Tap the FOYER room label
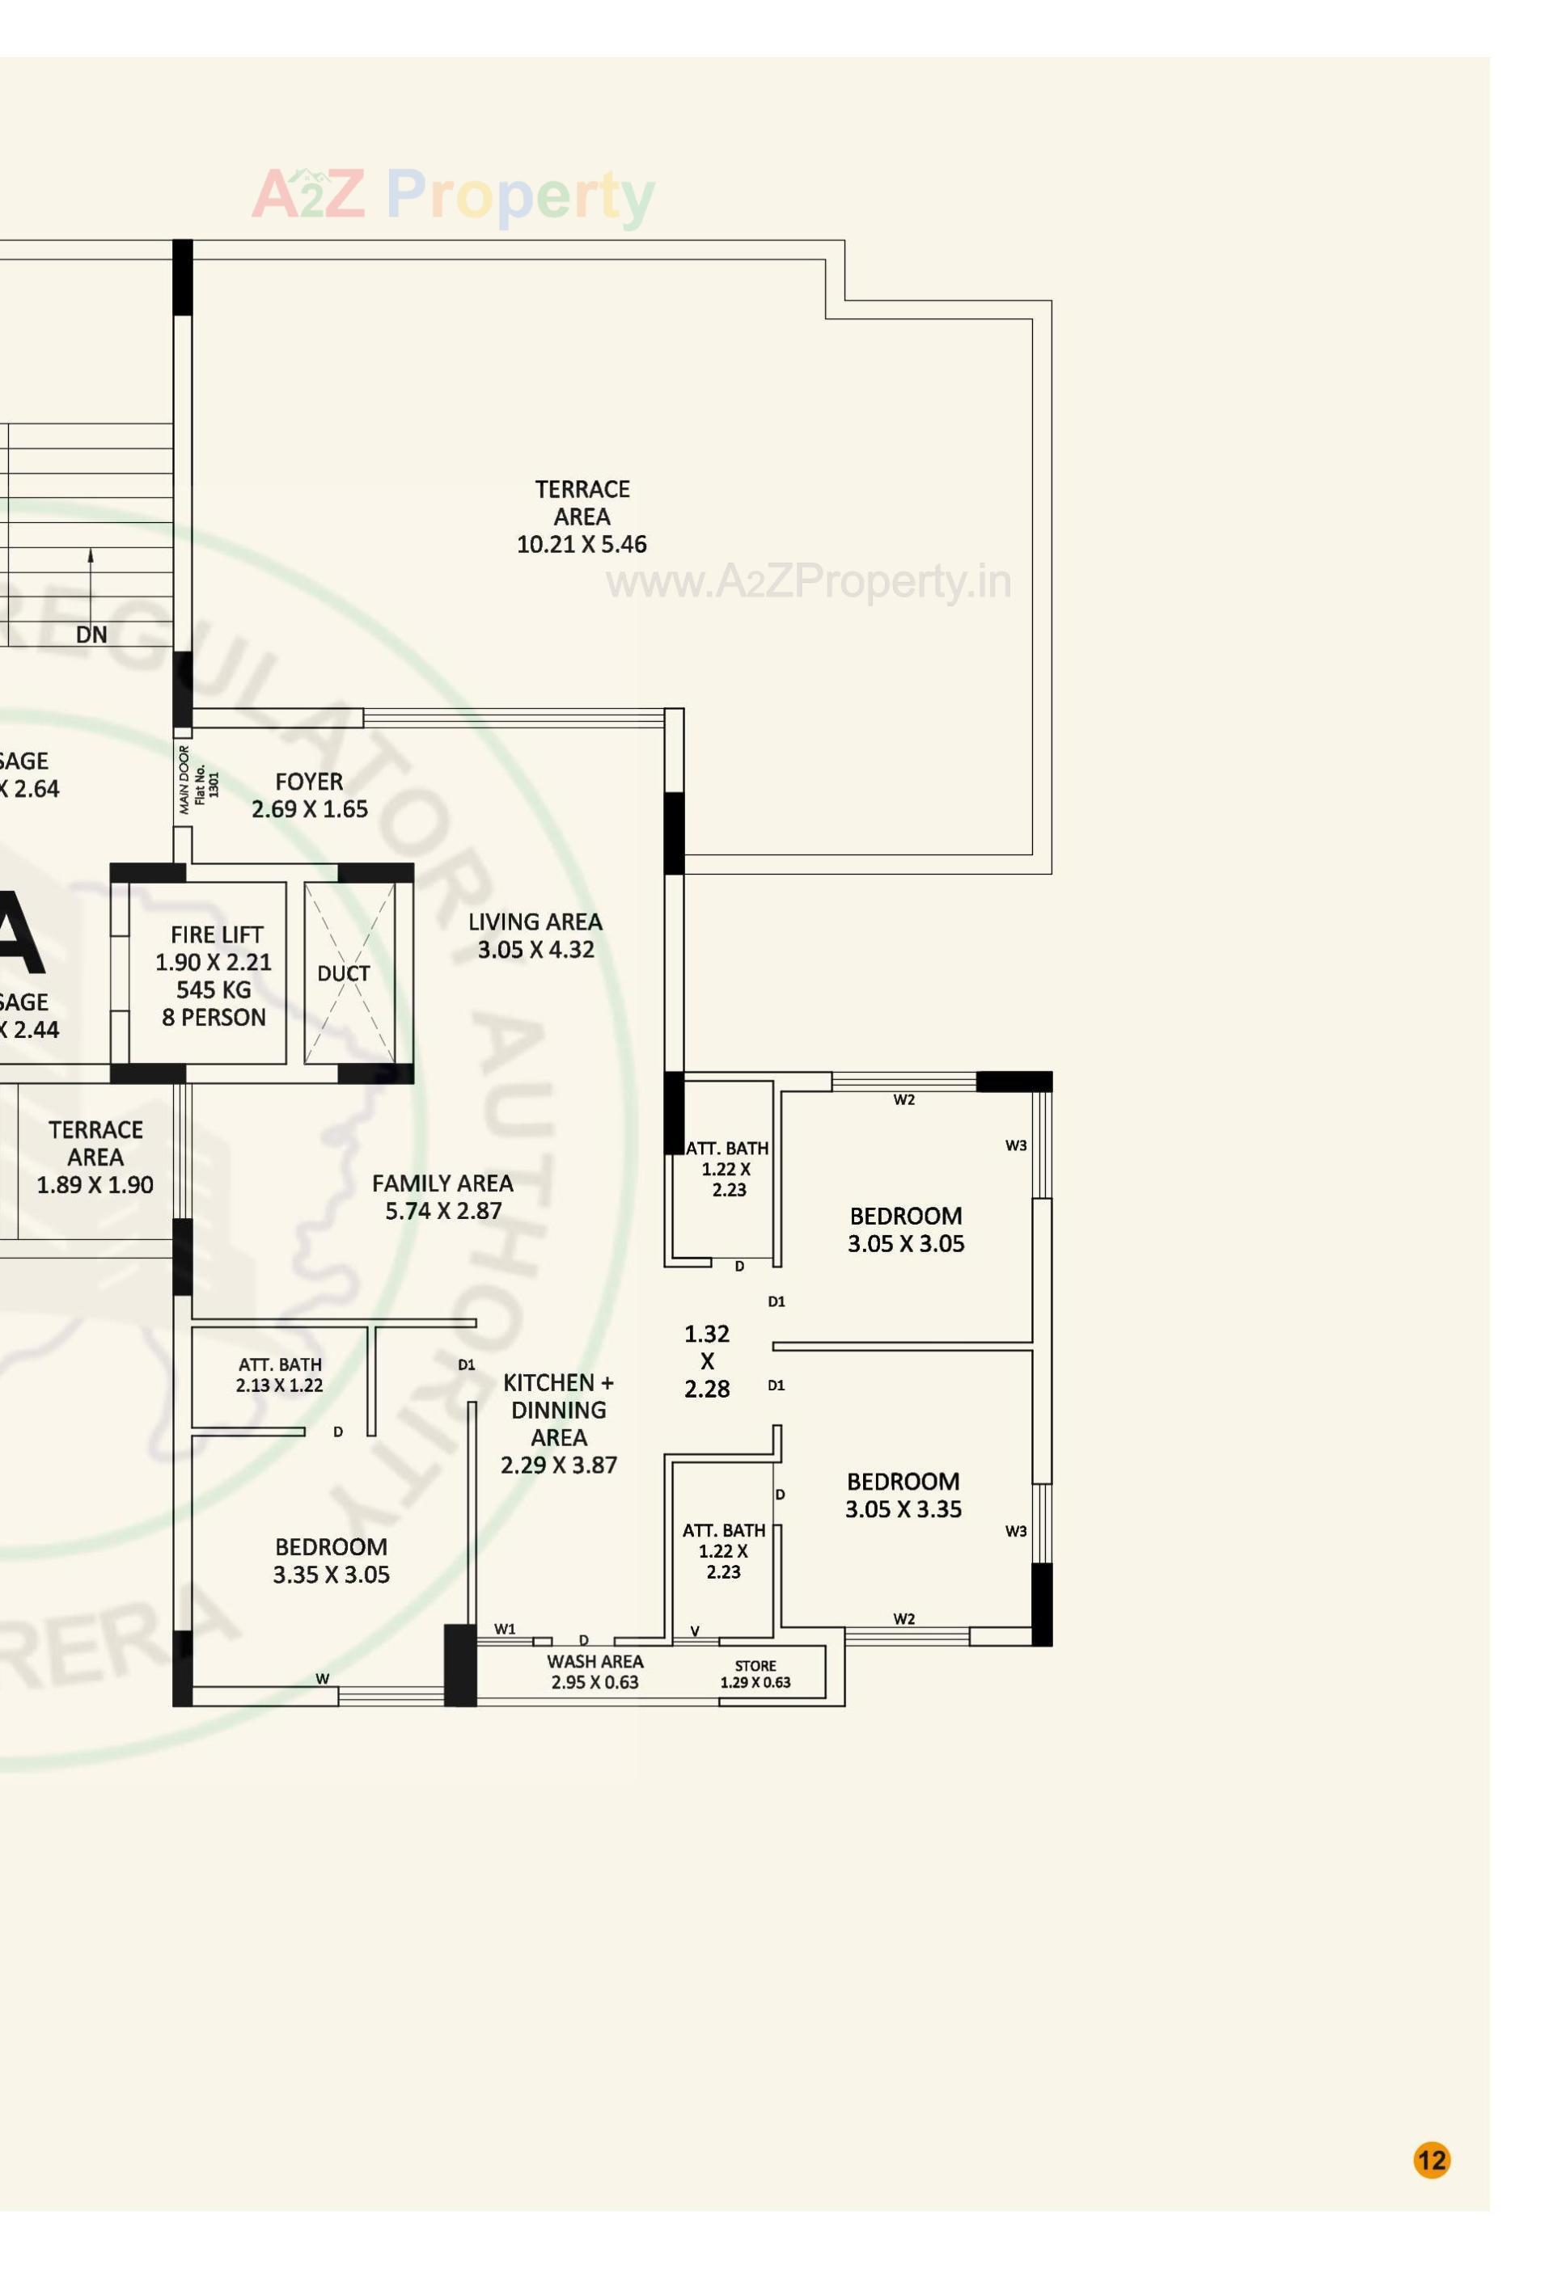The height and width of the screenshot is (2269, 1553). [x=309, y=782]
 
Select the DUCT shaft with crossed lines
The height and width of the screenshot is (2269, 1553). [x=349, y=973]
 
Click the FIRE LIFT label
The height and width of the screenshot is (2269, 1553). [x=216, y=934]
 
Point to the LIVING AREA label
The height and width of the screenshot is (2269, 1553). [x=535, y=922]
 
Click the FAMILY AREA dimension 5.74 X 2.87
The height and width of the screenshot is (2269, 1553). [x=443, y=1212]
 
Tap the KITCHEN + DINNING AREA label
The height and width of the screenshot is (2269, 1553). [x=558, y=1409]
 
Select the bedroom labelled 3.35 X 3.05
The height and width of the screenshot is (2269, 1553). [x=331, y=1560]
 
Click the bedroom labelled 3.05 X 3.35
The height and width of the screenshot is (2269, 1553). [x=903, y=1495]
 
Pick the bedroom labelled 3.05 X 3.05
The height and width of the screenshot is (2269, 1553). [x=905, y=1229]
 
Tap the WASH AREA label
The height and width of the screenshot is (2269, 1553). [x=595, y=1662]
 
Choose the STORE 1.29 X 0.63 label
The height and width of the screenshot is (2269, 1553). [x=755, y=1673]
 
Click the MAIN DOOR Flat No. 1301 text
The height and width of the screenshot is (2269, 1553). [x=198, y=780]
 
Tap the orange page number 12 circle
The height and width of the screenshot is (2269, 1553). [x=1431, y=2160]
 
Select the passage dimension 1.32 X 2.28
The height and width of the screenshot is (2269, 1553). [x=706, y=1361]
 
